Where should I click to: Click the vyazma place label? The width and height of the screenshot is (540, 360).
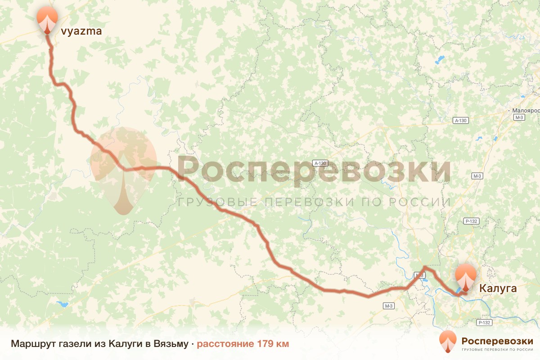[81, 31]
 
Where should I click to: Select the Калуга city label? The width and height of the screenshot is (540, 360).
[498, 288]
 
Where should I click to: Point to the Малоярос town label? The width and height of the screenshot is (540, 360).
[526, 110]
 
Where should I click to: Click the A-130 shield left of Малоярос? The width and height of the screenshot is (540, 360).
[461, 121]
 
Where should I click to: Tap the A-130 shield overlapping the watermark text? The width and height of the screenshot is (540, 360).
[321, 163]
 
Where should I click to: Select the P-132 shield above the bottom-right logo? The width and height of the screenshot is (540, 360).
[484, 323]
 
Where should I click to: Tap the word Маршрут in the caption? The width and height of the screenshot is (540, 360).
[32, 344]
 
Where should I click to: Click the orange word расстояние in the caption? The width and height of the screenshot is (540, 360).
[225, 344]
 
